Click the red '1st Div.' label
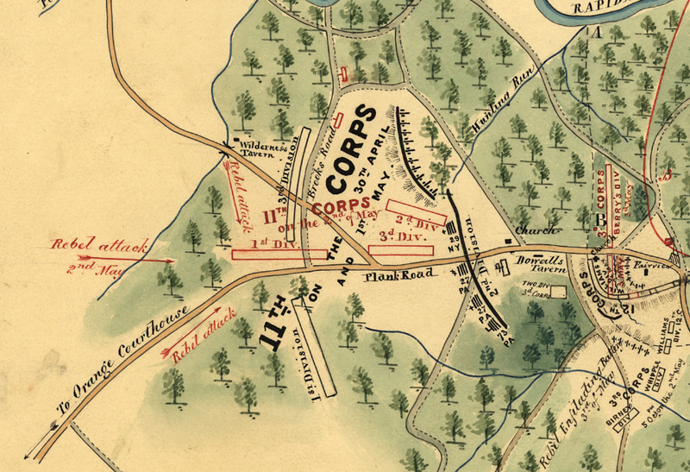pyautogui.click(x=267, y=244)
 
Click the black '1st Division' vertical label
pyautogui.click(x=308, y=367)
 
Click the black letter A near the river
pyautogui.click(x=595, y=34)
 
